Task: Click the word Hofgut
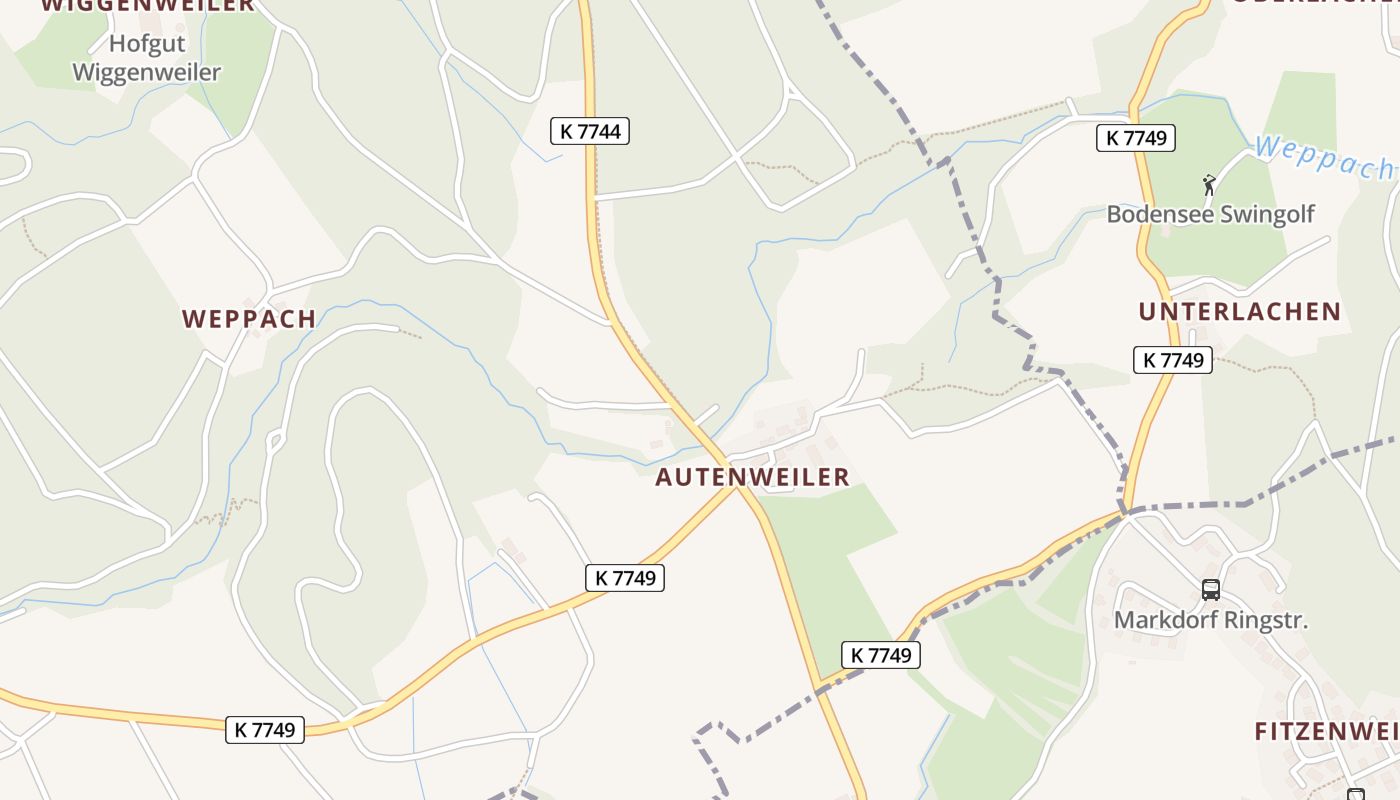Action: click(x=148, y=44)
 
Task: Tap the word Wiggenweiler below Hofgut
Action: click(x=147, y=73)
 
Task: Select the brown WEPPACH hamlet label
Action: click(x=249, y=319)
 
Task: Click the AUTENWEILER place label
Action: click(x=752, y=477)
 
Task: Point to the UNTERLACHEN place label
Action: click(x=1239, y=311)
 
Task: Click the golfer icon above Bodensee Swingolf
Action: click(x=1209, y=185)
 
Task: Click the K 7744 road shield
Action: click(x=590, y=131)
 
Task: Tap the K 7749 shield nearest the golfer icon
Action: click(x=1135, y=138)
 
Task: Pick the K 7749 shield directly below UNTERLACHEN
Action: click(x=1172, y=360)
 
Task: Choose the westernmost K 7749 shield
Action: click(x=265, y=730)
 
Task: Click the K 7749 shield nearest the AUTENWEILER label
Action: click(x=625, y=577)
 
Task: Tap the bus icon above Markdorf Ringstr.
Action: click(x=1210, y=590)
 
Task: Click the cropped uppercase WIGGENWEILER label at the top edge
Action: click(x=148, y=5)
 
